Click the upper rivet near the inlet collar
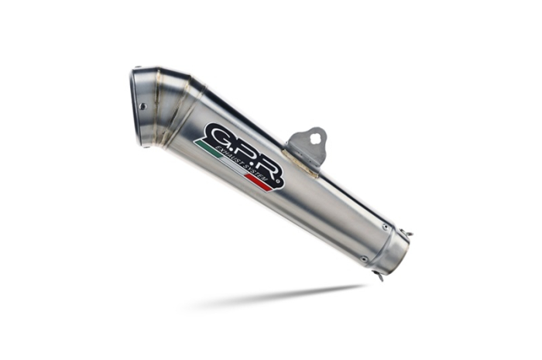(385, 227)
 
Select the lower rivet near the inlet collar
(363, 259)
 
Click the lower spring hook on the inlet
(379, 276)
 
